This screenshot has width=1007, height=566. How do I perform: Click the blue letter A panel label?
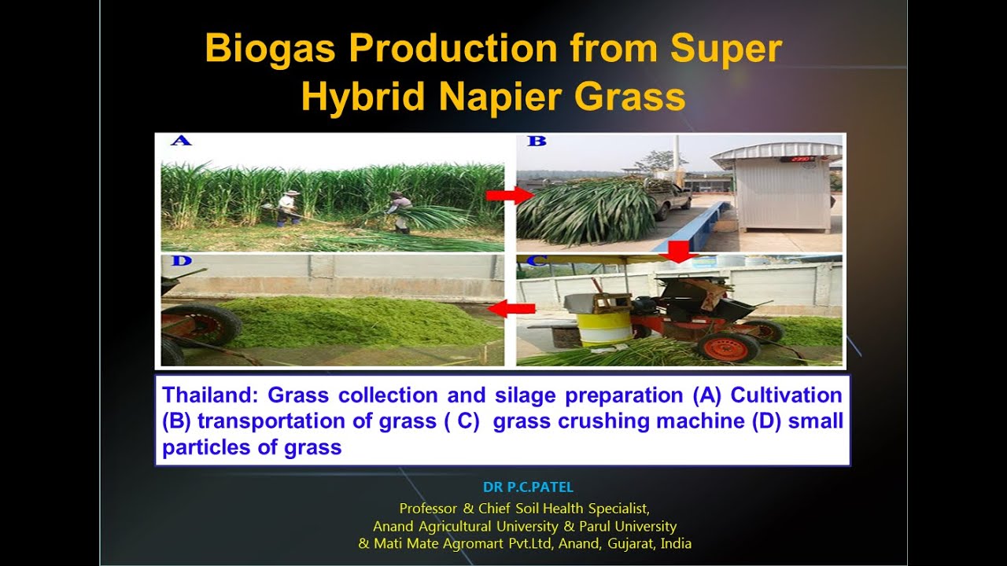point(181,141)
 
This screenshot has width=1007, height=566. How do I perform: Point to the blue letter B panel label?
point(536,141)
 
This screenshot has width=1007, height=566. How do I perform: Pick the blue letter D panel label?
point(181,260)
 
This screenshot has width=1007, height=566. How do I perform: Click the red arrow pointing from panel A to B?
point(503,195)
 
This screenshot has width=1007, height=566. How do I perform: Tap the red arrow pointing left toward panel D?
point(511,309)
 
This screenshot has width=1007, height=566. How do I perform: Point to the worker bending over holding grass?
point(398,211)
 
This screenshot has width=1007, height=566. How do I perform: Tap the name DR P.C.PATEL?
point(528,487)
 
